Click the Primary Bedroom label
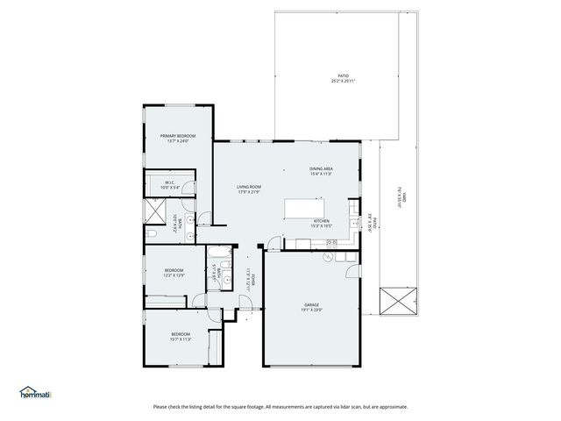coord(177,139)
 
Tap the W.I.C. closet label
coord(170,185)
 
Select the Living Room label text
coord(249,189)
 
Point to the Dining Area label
coord(321,171)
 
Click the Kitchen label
coord(322,224)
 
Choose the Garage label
coord(313,307)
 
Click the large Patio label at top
coord(343,79)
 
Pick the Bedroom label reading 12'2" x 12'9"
coord(173,272)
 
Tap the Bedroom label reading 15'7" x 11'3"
coord(180,337)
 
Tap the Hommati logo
coord(35,393)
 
